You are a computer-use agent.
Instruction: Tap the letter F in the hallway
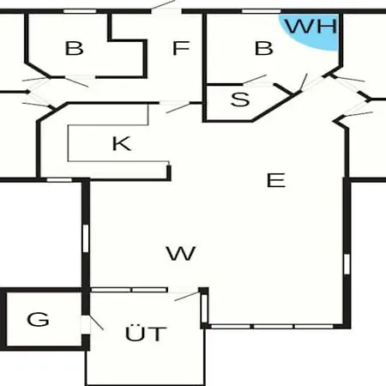181,48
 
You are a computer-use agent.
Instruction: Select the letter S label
240,100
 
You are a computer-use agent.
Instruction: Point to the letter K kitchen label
122,143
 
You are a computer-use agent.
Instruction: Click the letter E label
276,180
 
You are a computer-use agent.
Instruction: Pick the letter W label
181,253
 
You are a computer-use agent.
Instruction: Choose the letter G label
38,319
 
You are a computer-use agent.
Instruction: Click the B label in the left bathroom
74,48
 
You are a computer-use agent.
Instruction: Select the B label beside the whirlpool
263,48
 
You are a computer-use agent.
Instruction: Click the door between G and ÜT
92,324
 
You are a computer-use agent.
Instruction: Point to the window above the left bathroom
80,11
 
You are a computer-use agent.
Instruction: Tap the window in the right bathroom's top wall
262,11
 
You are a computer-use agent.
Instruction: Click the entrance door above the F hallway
166,7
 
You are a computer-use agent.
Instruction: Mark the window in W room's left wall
86,238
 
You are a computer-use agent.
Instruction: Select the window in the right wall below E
347,264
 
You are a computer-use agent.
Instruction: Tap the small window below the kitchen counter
59,180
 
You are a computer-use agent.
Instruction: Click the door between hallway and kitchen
176,106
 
